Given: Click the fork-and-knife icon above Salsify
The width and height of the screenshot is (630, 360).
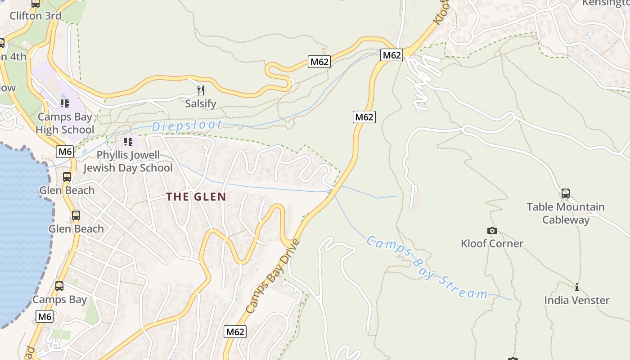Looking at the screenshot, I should pyautogui.click(x=201, y=90).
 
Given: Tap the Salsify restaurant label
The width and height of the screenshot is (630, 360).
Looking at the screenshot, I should pyautogui.click(x=201, y=103).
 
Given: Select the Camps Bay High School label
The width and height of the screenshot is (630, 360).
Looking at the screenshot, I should pyautogui.click(x=65, y=123).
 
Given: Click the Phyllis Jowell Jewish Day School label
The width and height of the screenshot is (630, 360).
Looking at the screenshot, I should pyautogui.click(x=128, y=162).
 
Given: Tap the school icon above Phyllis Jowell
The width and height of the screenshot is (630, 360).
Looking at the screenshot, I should pyautogui.click(x=128, y=142).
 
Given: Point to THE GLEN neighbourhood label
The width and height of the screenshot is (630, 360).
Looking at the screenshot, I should pyautogui.click(x=196, y=197).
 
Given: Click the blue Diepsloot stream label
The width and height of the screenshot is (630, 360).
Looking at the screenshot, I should pyautogui.click(x=187, y=126).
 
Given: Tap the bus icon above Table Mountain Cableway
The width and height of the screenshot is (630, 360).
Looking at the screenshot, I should pyautogui.click(x=566, y=193).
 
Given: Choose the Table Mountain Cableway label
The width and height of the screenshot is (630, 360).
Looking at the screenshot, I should pyautogui.click(x=566, y=213).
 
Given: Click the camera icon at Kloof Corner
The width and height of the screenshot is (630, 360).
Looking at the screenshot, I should pyautogui.click(x=492, y=230).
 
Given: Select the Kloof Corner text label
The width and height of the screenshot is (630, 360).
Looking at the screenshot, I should pyautogui.click(x=492, y=243).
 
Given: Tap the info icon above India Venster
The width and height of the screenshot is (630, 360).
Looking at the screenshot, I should pyautogui.click(x=577, y=287).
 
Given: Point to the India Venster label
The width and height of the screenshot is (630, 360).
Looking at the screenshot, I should pyautogui.click(x=577, y=300).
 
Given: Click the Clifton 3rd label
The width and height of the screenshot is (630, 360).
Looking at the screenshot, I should pyautogui.click(x=36, y=16).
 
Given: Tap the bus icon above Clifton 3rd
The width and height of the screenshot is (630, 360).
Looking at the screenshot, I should pyautogui.click(x=36, y=4).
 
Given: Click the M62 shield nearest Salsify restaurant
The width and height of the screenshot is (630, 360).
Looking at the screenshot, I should pyautogui.click(x=319, y=62).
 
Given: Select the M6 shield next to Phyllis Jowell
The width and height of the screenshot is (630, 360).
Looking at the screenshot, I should pyautogui.click(x=65, y=152).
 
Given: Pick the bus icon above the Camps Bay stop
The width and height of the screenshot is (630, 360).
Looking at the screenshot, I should pyautogui.click(x=59, y=286).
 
